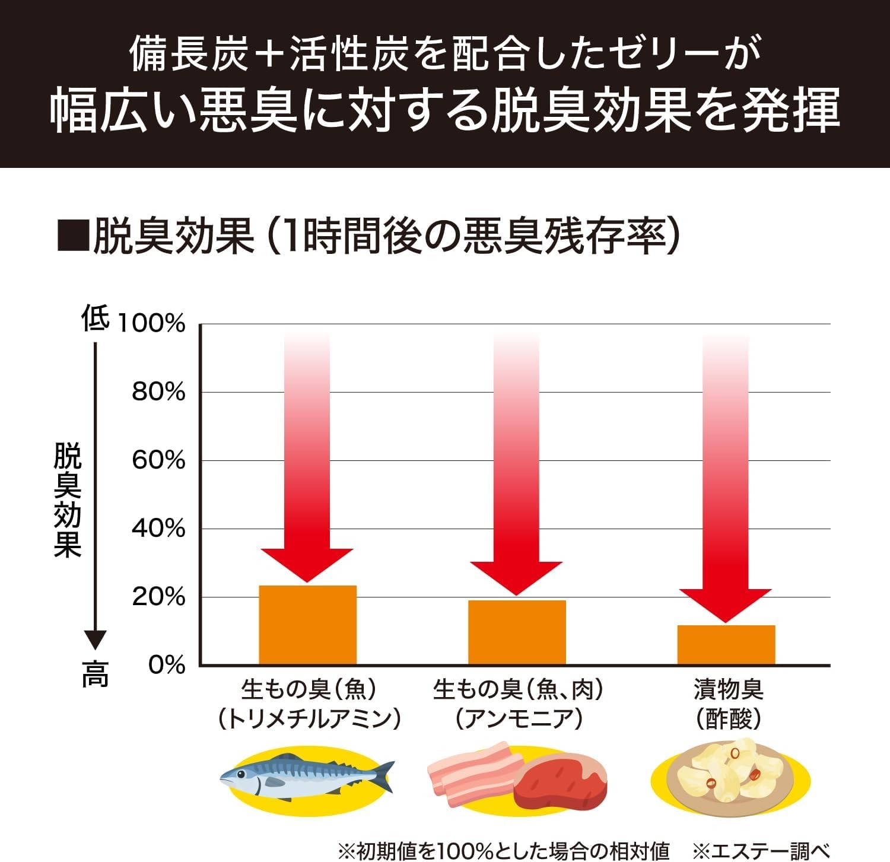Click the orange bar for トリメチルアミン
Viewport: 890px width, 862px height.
pos(307,625)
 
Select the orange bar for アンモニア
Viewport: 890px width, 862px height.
pos(517,632)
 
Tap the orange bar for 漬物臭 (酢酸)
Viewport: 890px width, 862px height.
pos(726,644)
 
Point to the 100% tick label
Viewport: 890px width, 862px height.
pos(152,324)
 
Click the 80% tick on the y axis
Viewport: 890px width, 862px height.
pos(158,392)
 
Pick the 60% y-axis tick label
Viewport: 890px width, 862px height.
pos(158,460)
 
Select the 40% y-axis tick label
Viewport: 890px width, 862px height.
pos(158,529)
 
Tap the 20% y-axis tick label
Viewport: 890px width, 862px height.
pos(158,597)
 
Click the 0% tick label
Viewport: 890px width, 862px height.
pos(167,665)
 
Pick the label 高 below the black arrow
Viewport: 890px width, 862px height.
pos(96,675)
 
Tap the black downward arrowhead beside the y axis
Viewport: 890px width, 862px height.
pos(95,640)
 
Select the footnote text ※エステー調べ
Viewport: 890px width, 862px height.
pos(761,851)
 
